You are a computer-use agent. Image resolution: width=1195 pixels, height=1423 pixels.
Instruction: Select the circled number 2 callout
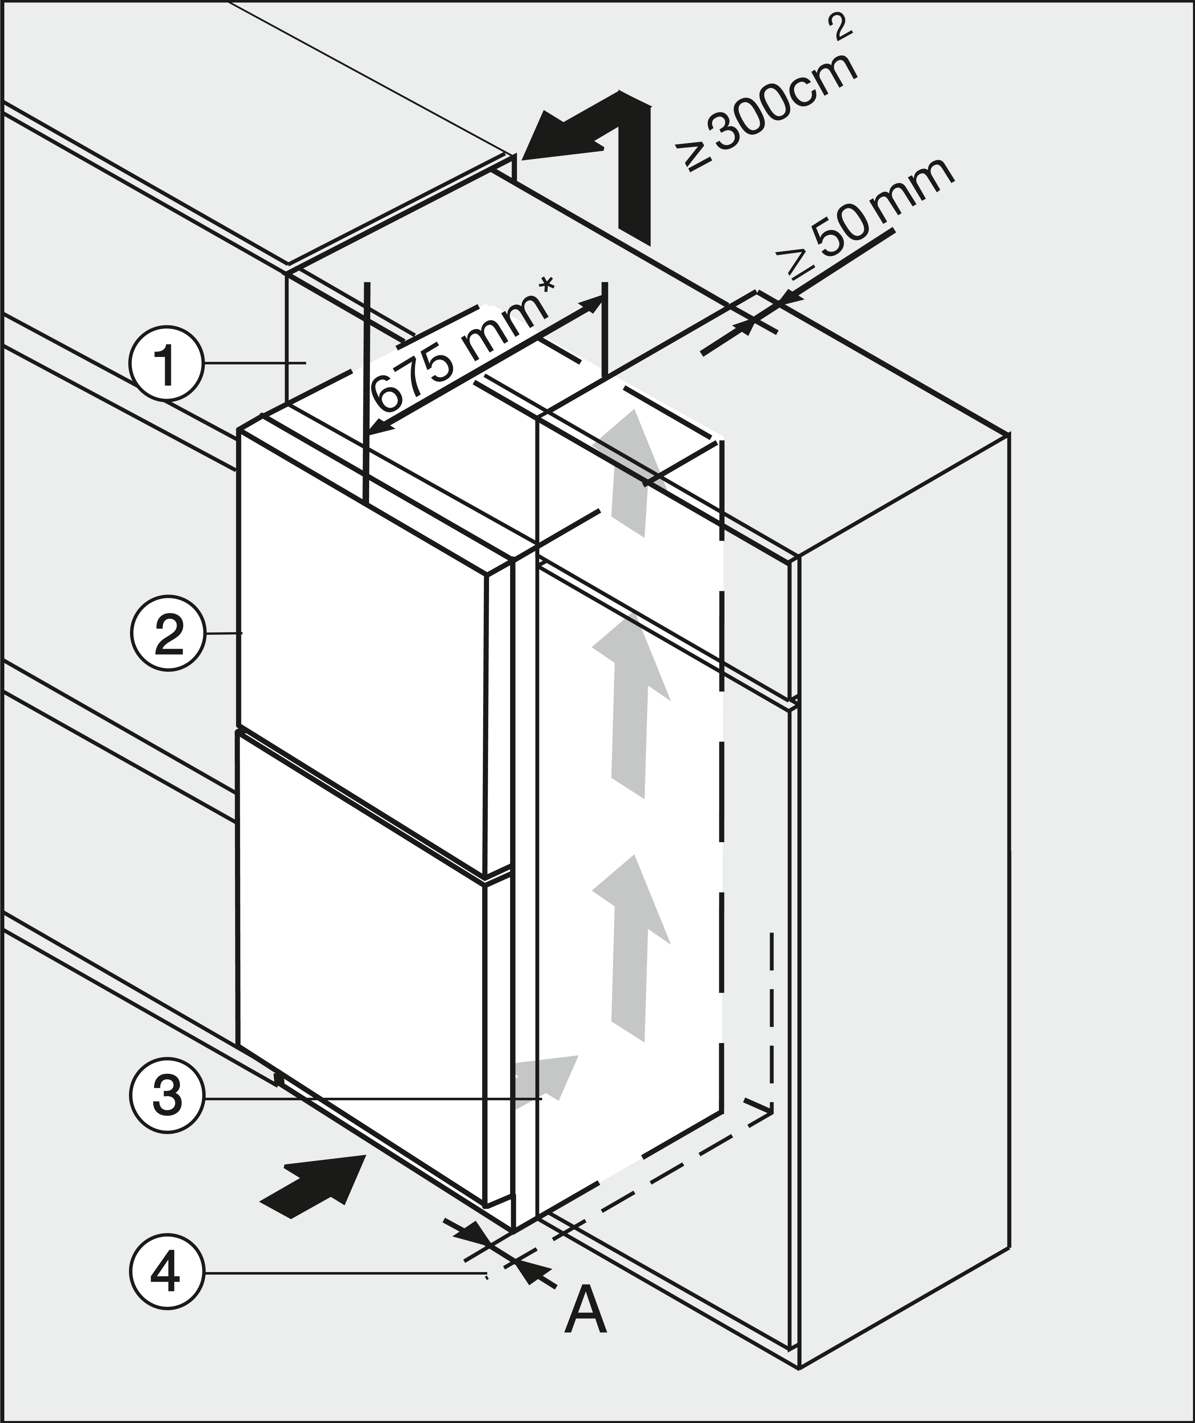point(167,634)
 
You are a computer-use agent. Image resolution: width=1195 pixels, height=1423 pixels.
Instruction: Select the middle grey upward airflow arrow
point(630,705)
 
